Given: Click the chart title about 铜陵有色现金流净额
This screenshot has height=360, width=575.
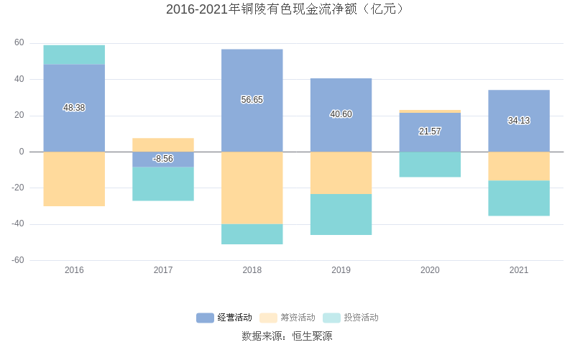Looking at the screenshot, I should pos(287,9).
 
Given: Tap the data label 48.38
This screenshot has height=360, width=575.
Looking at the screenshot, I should pos(74,108).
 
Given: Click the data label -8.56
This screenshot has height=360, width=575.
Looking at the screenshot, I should pos(163,159).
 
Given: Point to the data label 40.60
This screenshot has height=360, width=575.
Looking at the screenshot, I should pos(341,114).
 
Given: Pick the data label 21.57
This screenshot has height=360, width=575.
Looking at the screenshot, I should pos(430,131).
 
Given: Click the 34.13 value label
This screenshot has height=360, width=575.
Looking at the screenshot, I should pos(518,121).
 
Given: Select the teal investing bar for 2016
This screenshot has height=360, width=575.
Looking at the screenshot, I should pos(74,55).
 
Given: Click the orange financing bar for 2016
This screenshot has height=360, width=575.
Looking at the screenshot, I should pos(74,179).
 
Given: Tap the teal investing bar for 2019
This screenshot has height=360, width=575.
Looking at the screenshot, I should pos(341,214).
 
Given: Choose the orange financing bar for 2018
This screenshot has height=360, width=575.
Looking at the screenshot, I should pos(252,188).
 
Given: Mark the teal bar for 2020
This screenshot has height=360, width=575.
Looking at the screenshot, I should pos(430,165).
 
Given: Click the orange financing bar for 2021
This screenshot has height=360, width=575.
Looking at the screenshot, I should pos(518,166).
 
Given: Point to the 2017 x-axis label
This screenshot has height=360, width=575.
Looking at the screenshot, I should pos(163,270).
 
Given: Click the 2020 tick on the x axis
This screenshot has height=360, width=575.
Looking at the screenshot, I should pos(430,270).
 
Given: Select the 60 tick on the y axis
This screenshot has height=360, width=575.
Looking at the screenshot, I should pos(19,42).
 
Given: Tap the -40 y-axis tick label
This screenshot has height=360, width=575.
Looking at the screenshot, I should pos(17,223).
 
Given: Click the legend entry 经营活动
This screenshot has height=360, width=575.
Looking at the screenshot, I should pos(224,318).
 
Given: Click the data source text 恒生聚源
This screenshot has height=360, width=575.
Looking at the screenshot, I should pos(287,336).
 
